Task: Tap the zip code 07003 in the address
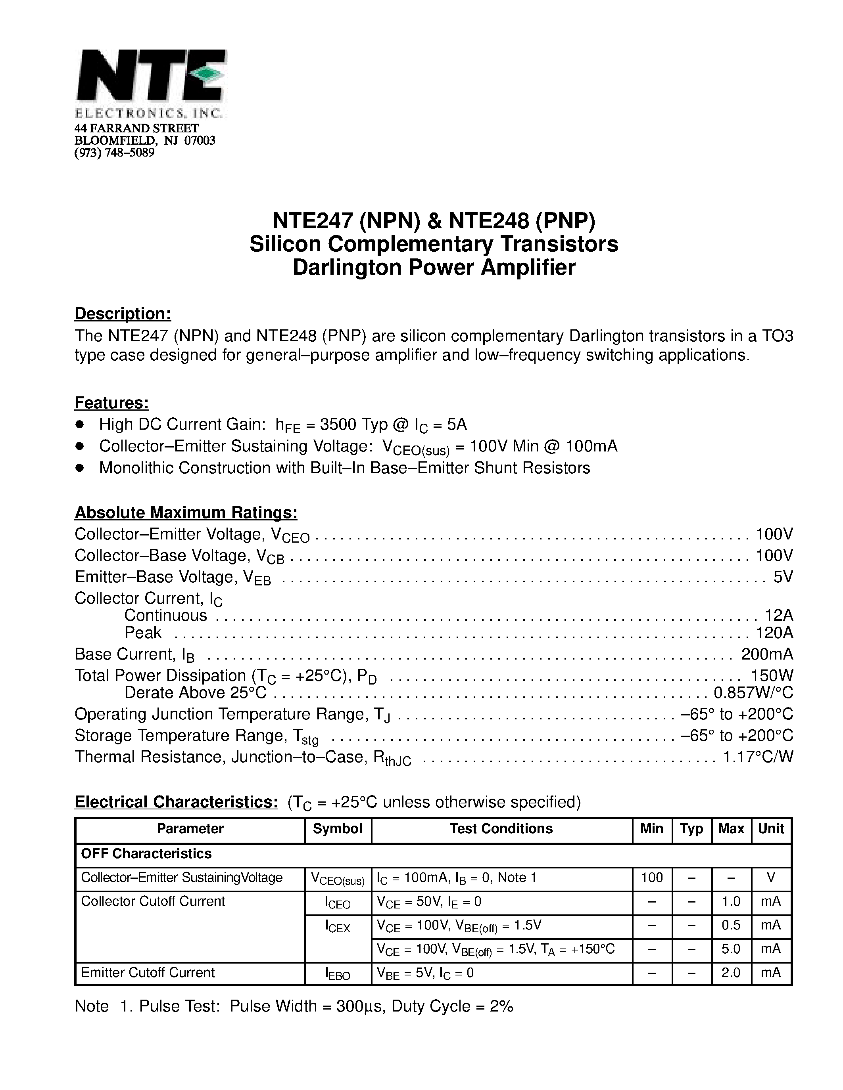[x=200, y=141]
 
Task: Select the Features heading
[x=112, y=403]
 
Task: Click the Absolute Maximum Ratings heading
[x=186, y=512]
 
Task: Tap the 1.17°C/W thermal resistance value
[x=758, y=757]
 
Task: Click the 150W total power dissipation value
[x=772, y=676]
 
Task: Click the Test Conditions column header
[x=501, y=829]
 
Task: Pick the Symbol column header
[x=338, y=829]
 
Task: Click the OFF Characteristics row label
[x=146, y=854]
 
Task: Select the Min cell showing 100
[x=652, y=878]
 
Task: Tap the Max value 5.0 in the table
[x=731, y=949]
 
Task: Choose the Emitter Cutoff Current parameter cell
[x=148, y=973]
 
